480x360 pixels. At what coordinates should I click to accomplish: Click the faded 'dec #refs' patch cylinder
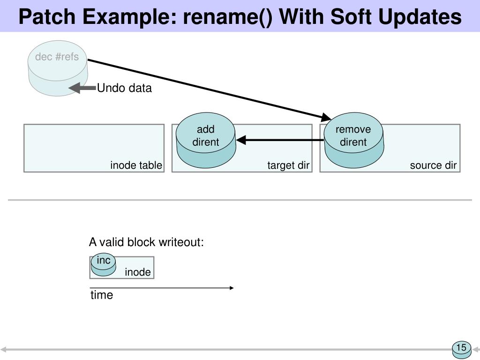coord(58,68)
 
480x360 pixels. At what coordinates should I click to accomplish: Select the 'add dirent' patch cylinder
coord(206,140)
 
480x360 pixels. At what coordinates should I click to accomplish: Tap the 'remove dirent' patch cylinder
coord(353,140)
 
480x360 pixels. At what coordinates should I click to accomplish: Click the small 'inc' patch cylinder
coord(104,265)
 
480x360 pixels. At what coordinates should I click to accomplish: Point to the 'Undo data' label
coord(124,88)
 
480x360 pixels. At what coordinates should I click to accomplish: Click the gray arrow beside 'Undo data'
coord(82,88)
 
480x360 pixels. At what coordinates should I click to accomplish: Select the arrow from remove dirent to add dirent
coord(280,140)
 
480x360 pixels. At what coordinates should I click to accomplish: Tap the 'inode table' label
coord(136,165)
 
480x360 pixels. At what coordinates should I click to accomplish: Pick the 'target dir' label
coord(288,165)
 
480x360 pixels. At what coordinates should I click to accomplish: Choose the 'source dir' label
coord(433,165)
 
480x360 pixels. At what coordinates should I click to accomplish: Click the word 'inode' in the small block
coord(138,272)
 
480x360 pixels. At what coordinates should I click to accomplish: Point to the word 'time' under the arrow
coord(102,295)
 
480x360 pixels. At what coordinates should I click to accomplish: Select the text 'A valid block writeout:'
coord(146,242)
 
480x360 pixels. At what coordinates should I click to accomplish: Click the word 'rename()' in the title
coord(227,17)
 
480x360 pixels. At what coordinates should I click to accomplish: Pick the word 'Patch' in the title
coord(47,17)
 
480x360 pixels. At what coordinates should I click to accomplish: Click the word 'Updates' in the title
coord(420,17)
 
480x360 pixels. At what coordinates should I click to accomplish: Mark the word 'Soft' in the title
coord(351,17)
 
